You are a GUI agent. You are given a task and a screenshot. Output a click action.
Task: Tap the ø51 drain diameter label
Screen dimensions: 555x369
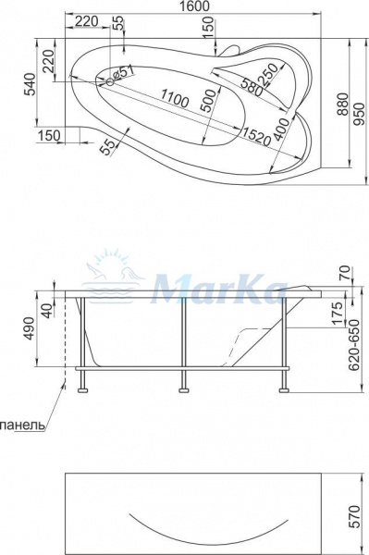pos(125,71)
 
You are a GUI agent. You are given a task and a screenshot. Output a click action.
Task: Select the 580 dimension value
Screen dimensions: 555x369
pos(246,88)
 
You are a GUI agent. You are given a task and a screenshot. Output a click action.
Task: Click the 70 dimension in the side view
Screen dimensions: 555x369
pos(345,275)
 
